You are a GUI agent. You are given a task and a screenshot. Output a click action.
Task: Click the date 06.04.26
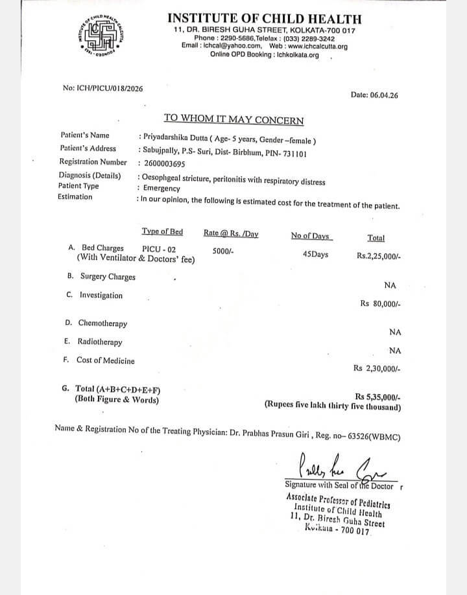point(384,95)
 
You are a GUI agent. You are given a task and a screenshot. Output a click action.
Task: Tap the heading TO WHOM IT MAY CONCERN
point(233,120)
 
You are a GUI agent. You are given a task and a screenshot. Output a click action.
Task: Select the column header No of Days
point(311,235)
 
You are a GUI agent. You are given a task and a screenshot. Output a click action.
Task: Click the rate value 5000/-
point(223,251)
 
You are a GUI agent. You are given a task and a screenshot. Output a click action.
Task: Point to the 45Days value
point(315,254)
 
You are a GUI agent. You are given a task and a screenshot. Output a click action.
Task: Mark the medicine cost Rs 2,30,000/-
point(377,367)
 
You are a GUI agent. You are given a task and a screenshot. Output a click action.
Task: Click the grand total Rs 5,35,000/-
point(378,396)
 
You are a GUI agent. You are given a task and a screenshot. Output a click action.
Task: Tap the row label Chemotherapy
point(102,323)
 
